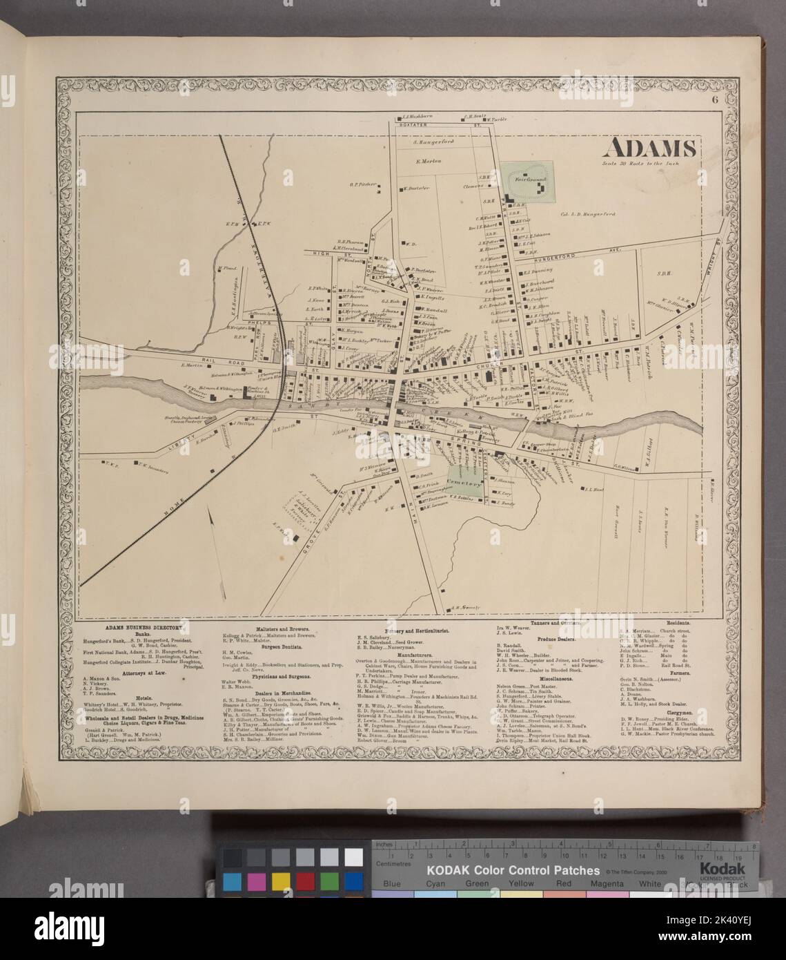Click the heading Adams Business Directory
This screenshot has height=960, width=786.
[144, 628]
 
